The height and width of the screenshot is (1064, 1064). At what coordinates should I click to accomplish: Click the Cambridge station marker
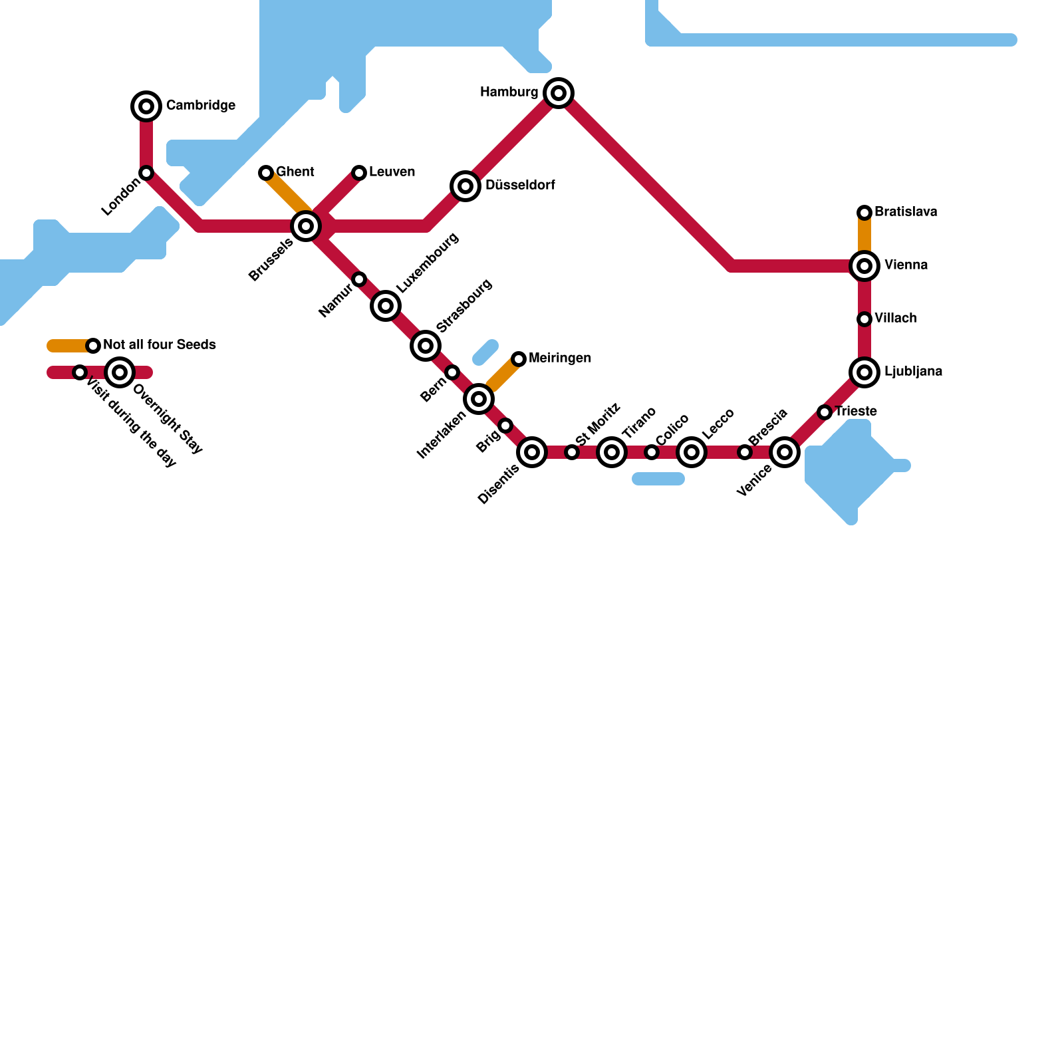point(146,106)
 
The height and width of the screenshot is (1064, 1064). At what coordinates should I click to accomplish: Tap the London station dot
point(146,173)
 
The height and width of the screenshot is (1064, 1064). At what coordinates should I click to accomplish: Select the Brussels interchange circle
point(306,226)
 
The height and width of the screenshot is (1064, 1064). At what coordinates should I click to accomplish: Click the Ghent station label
point(295,172)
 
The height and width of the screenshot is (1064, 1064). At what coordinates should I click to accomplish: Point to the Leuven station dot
point(359,173)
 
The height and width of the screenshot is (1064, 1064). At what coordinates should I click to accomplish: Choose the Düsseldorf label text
point(520,185)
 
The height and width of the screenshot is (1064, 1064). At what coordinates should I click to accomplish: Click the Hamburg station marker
point(559,92)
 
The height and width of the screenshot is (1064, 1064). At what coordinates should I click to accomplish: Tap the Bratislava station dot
point(864,212)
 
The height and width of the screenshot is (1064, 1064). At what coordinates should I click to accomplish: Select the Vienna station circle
point(864,266)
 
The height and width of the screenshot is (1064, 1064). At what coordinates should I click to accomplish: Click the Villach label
point(896,318)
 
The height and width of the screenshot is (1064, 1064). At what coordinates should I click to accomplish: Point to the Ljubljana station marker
point(864,372)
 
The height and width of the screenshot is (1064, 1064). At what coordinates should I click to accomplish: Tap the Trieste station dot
point(825,412)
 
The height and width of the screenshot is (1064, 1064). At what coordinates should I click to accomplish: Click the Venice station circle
point(785,452)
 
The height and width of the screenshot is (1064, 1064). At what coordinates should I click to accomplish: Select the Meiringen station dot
point(519,359)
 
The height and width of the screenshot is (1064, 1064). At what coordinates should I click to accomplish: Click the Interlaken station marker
point(479,399)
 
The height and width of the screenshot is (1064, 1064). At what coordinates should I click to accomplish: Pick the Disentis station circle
point(532,452)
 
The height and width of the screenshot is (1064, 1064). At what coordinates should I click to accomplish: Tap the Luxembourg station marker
point(386,306)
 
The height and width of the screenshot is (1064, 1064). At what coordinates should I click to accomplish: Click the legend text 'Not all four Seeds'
point(160,344)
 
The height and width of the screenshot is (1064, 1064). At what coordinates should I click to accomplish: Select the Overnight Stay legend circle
point(120,372)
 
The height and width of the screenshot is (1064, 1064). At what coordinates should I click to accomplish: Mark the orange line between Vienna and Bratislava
point(864,236)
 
